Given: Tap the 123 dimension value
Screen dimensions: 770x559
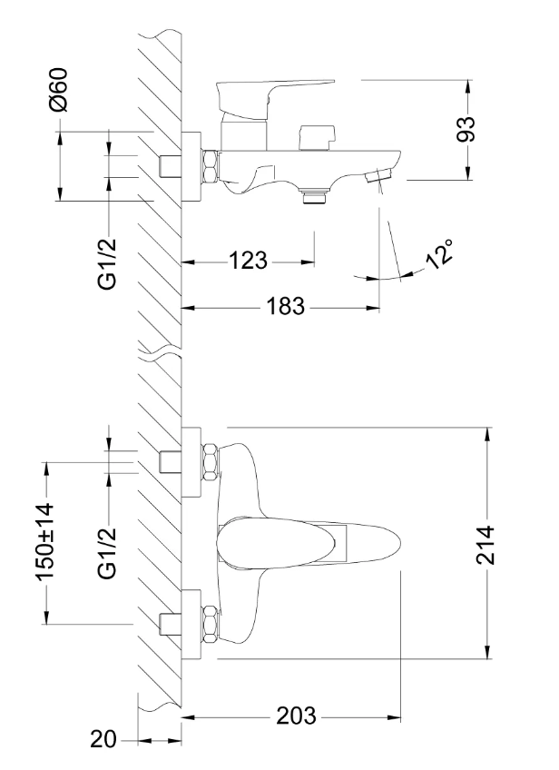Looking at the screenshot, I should (249, 262).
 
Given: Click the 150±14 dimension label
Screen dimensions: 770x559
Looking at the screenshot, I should (45, 541).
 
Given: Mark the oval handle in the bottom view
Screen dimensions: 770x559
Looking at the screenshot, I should (309, 543).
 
